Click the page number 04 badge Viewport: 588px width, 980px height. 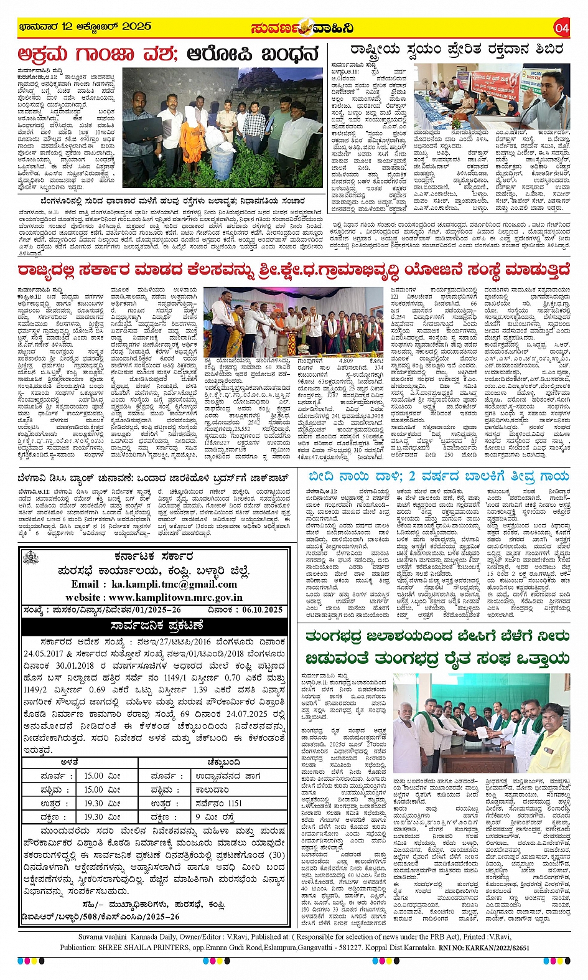pyautogui.click(x=562, y=28)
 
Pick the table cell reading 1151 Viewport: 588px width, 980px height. pyautogui.click(x=233, y=803)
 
